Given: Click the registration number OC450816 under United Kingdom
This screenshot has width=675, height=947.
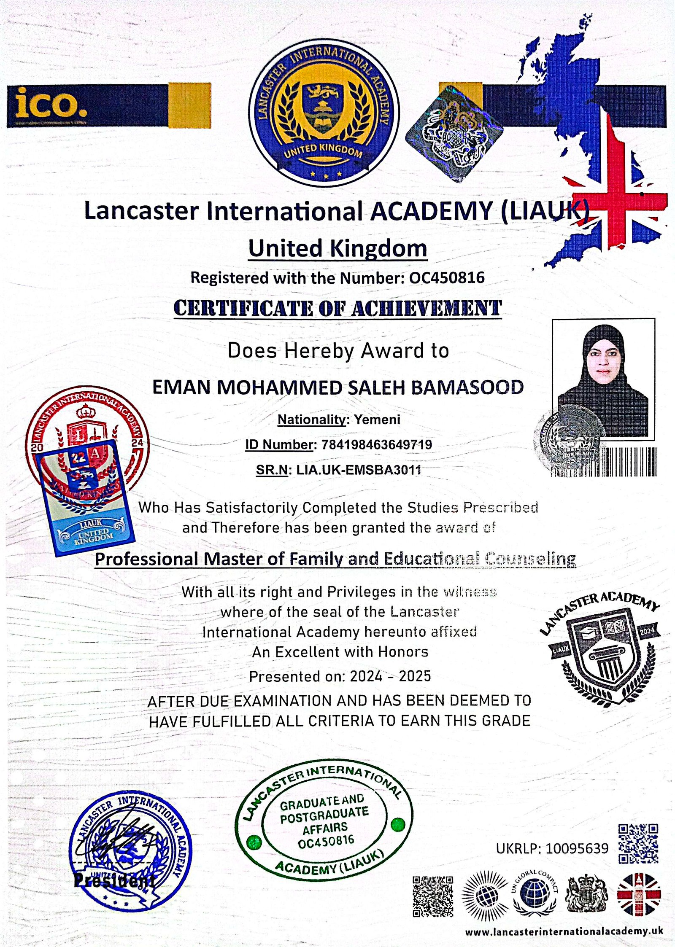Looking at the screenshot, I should [447, 278].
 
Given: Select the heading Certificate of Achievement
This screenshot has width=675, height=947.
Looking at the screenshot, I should [337, 308].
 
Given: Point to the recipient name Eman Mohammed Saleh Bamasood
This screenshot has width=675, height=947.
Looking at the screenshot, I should [337, 387].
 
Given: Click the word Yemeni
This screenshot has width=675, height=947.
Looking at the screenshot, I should [377, 420].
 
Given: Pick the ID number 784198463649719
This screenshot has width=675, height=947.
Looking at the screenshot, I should [377, 444].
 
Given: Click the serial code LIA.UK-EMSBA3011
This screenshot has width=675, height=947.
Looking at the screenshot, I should [359, 470].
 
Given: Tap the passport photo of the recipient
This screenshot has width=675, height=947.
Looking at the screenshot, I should [603, 379].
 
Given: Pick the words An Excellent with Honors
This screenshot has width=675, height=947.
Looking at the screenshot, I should [340, 652].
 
